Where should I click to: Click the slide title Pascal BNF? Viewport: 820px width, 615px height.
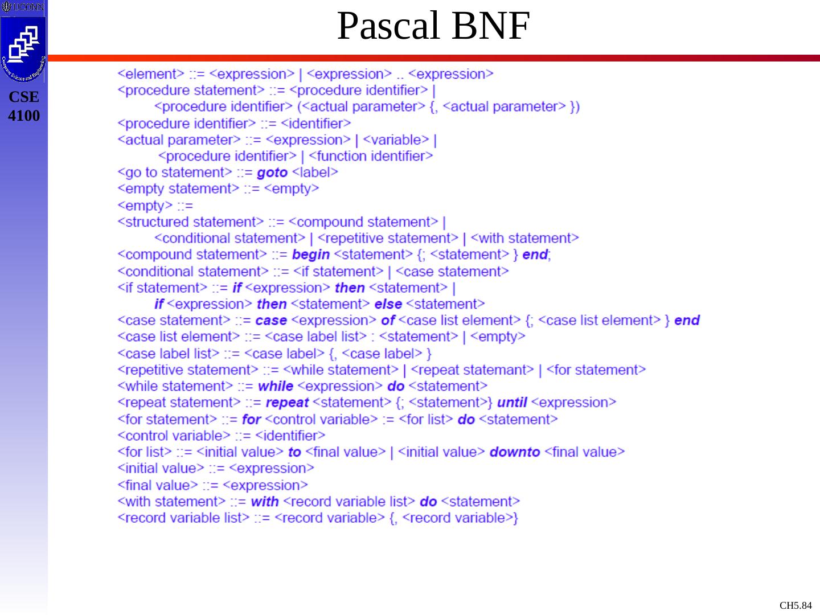point(433,26)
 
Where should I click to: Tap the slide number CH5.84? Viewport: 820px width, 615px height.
point(796,605)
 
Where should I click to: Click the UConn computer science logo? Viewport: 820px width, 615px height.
point(23,48)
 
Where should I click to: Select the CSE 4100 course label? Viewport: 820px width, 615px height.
point(24,106)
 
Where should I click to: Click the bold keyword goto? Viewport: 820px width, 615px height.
point(272,173)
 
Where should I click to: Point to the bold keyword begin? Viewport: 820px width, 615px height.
point(310,255)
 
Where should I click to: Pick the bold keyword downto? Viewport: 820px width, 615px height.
point(514,452)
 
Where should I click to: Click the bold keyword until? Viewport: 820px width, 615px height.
point(511,403)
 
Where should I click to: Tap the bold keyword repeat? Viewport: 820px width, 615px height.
point(287,403)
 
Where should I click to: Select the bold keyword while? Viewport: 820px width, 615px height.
point(275,386)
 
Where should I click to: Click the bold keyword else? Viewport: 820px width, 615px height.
point(388,304)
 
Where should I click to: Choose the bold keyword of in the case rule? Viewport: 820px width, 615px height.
point(388,321)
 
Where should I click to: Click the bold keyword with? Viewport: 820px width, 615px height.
point(264,502)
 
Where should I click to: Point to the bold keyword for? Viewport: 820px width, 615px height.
point(251,420)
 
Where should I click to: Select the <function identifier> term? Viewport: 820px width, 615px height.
point(371,156)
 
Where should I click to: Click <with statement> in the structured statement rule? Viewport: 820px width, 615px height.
point(524,238)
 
